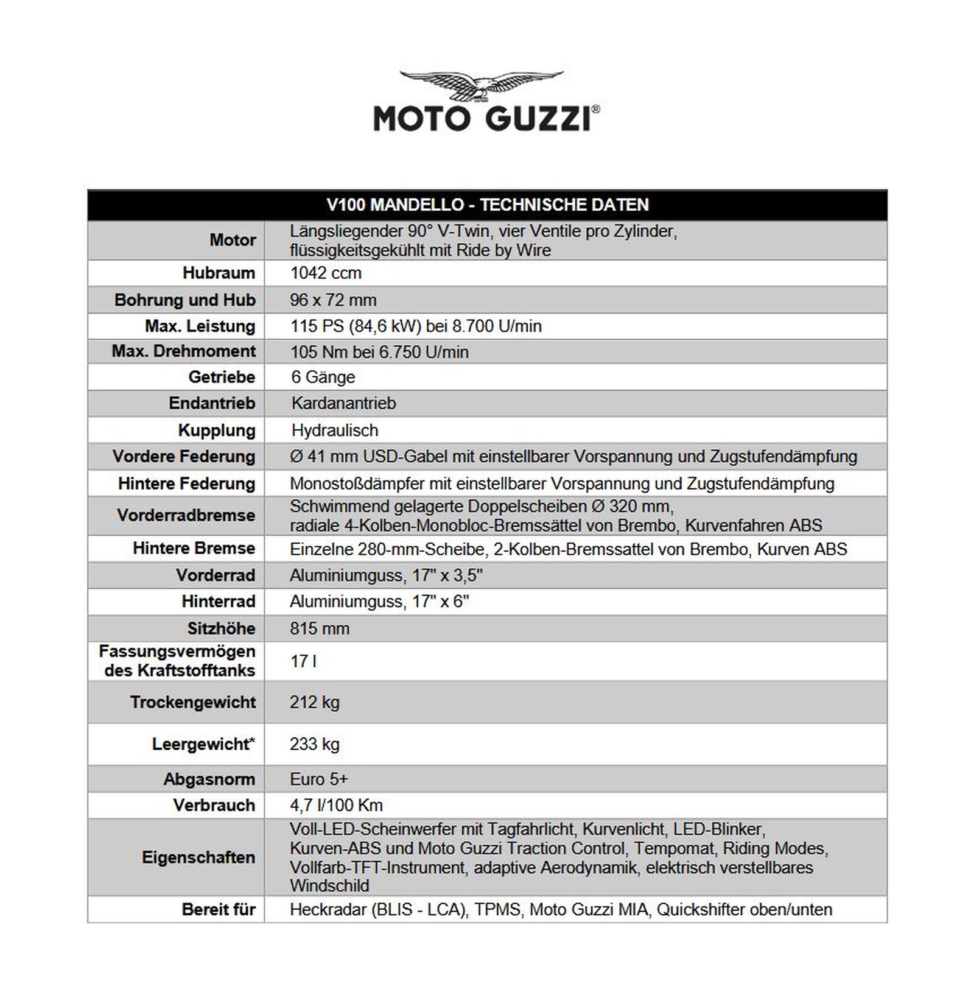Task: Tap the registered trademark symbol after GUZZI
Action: click(595, 109)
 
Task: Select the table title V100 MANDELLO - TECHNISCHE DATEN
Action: click(487, 205)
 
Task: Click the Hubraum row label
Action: click(219, 273)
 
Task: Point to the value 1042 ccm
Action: click(326, 273)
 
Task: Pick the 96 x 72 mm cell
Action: click(333, 300)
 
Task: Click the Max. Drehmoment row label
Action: click(183, 351)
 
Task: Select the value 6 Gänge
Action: click(323, 377)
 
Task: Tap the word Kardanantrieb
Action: click(343, 403)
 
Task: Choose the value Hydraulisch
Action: click(335, 430)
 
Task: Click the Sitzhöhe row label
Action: click(221, 628)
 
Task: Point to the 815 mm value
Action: click(320, 628)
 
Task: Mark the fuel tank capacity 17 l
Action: click(303, 661)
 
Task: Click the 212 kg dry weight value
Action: click(315, 702)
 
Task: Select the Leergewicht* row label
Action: click(203, 744)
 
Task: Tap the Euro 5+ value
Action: click(319, 779)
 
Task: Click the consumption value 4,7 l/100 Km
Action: click(336, 805)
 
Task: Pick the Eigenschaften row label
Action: click(198, 857)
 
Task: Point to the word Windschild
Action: click(329, 885)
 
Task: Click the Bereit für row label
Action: click(219, 909)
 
